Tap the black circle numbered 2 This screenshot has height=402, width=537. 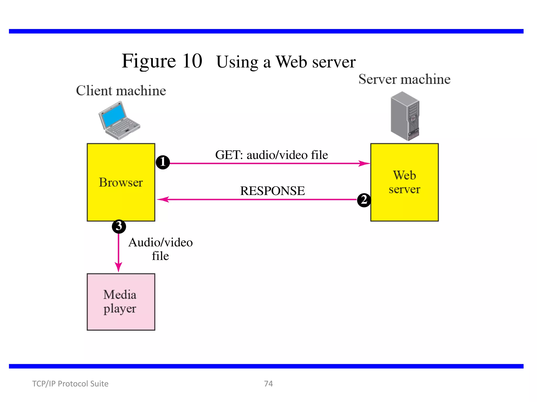pos(364,200)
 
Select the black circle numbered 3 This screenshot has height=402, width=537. pos(119,226)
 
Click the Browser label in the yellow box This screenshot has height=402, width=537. pos(121,182)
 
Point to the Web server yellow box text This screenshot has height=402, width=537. pos(404,182)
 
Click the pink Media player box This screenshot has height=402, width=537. pos(121,302)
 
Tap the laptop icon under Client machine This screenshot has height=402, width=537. pos(119,121)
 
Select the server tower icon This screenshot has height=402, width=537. pos(405,116)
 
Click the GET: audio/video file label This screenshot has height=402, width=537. pos(271,155)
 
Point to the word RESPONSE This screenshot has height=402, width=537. pos(272,191)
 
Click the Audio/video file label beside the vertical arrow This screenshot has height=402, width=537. pos(160,249)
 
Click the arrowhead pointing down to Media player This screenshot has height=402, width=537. pos(119,267)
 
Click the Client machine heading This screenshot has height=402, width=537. pos(121,91)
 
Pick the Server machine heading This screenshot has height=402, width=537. pos(404,79)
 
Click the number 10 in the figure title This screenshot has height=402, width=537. pos(192,61)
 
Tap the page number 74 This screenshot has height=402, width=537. pos(268,383)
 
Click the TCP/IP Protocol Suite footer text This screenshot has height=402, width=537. pos(70,383)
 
